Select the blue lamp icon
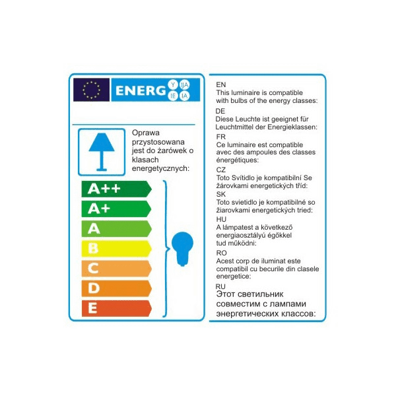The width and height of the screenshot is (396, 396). point(101,150)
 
